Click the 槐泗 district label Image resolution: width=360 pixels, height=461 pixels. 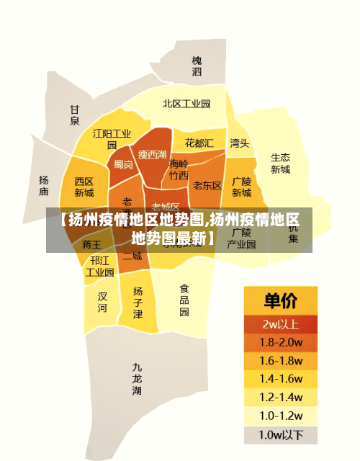[x=197, y=66]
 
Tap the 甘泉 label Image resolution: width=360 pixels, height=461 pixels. [x=74, y=115]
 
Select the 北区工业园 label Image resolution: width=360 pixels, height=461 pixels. [x=186, y=104]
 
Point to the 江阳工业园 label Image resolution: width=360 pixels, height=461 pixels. [x=112, y=138]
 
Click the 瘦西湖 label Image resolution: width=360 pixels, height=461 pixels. [x=152, y=154]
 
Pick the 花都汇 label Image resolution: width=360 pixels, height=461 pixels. [x=199, y=143]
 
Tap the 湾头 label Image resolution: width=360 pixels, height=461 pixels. [x=239, y=143]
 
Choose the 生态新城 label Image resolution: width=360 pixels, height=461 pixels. [x=280, y=163]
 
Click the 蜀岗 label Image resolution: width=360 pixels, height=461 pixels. [x=123, y=164]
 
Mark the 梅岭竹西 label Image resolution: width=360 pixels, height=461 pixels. [x=179, y=169]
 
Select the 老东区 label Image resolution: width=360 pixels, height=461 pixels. [x=207, y=185]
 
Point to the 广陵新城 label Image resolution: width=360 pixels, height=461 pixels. [x=241, y=187]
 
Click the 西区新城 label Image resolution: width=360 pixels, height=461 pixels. [x=84, y=187]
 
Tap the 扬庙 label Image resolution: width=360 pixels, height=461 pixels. [x=44, y=186]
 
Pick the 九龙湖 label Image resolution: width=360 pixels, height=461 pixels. [x=137, y=378]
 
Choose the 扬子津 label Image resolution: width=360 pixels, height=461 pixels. [x=138, y=302]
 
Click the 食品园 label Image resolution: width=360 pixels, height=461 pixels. [x=184, y=300]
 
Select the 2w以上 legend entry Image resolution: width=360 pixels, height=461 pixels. [x=280, y=323]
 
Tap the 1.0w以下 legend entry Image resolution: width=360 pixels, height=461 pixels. [x=280, y=434]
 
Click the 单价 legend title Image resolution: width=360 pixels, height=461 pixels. [x=280, y=300]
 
